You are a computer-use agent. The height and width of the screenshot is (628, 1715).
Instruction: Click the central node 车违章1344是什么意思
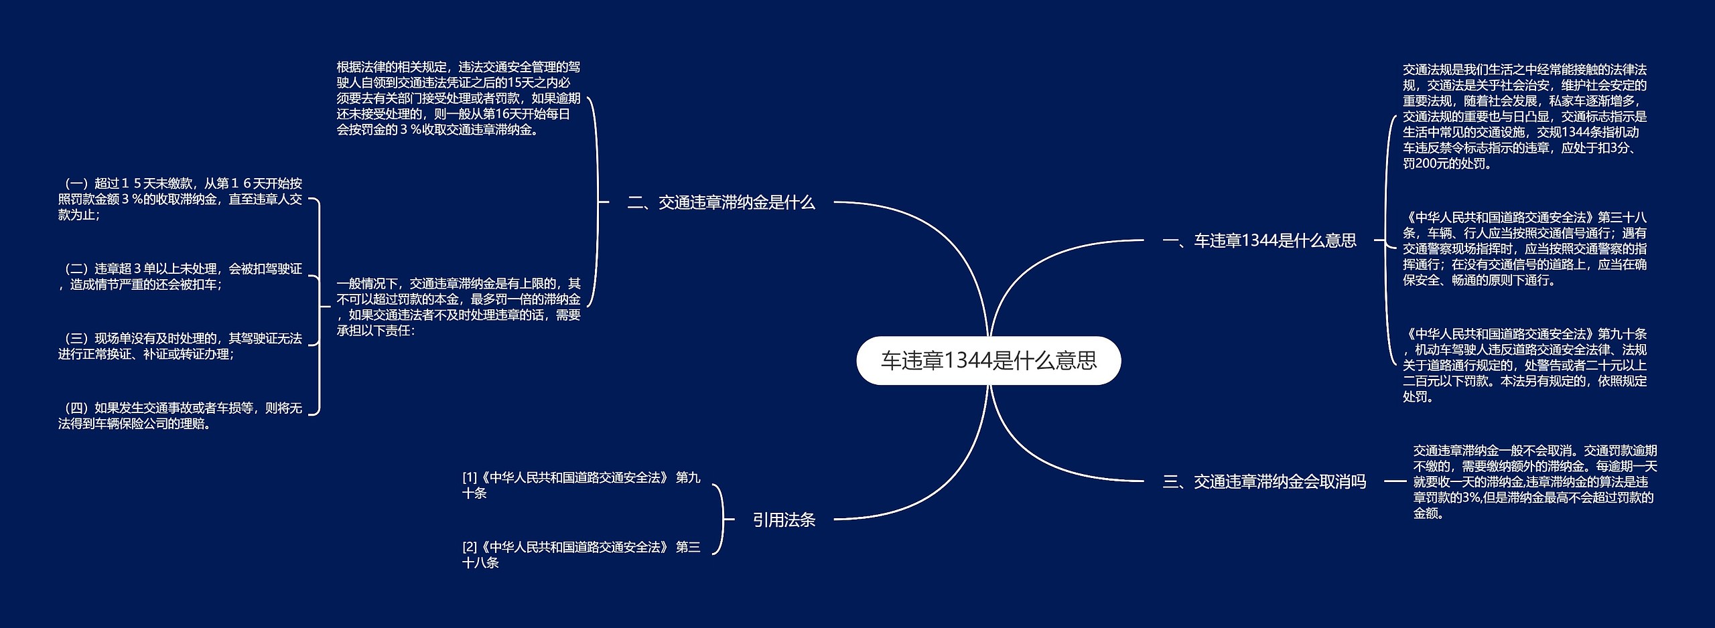[x=988, y=361]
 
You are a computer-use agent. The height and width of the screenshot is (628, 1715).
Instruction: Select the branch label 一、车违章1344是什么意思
[x=1259, y=240]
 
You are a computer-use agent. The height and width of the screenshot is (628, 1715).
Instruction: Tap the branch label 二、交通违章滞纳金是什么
[x=721, y=202]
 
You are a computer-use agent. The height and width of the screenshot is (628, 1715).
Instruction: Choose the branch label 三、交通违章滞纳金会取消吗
[x=1263, y=481]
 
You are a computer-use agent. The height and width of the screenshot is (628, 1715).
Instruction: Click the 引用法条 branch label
[x=784, y=520]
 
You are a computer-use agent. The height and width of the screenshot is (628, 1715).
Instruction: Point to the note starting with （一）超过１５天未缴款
[x=180, y=199]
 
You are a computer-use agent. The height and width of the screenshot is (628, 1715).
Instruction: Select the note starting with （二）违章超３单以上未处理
[x=180, y=277]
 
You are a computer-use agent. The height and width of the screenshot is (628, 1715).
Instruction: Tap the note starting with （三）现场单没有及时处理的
[x=180, y=346]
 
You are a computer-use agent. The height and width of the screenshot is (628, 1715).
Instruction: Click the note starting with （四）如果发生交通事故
[x=180, y=416]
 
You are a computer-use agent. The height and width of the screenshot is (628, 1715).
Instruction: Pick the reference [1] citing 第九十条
[x=581, y=485]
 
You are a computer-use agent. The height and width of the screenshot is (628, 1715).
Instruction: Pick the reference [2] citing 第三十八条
[x=581, y=555]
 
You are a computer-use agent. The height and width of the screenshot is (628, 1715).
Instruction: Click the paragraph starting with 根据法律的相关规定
[x=458, y=98]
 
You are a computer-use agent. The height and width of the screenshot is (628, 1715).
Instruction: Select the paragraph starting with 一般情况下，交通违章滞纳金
[x=458, y=307]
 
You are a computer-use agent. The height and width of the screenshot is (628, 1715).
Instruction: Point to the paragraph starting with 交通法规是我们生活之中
[x=1525, y=116]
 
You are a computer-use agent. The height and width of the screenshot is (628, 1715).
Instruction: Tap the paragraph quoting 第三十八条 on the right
[x=1525, y=248]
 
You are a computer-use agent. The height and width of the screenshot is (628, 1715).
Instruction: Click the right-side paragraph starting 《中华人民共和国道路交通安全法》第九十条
[x=1525, y=365]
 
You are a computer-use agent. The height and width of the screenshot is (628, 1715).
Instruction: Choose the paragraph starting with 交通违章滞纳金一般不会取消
[x=1535, y=481]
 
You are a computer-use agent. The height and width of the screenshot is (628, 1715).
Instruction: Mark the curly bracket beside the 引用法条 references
[x=719, y=520]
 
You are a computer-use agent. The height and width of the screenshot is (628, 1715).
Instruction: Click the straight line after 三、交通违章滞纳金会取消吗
[x=1395, y=481]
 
